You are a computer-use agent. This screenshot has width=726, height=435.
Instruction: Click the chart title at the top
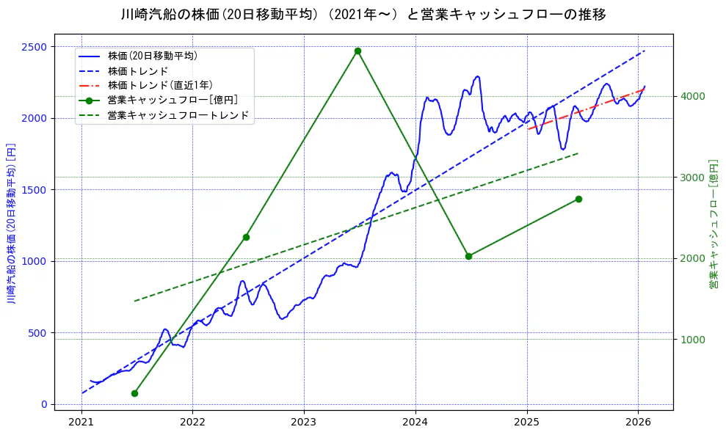363,15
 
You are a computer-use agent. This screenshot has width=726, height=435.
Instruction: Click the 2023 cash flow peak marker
357,51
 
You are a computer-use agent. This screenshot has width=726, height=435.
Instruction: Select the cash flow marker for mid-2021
134,393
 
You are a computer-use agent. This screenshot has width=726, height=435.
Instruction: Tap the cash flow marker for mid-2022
246,237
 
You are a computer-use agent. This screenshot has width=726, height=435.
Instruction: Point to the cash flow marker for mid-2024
468,256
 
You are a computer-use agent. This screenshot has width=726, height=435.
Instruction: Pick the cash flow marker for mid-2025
578,199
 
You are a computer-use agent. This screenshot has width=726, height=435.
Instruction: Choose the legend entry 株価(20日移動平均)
152,55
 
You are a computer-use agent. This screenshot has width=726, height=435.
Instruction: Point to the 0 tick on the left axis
44,404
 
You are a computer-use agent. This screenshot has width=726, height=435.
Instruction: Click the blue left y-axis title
11,223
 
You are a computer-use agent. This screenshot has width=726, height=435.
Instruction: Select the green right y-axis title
713,223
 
